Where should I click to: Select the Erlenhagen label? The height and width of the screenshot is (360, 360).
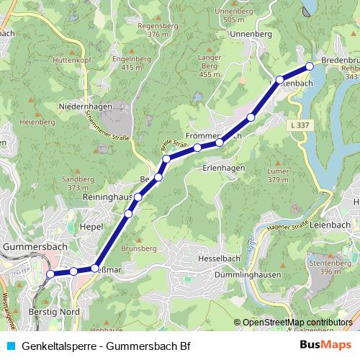223,168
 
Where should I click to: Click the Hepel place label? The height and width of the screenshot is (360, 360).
94,225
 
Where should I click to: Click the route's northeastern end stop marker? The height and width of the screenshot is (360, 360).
310,66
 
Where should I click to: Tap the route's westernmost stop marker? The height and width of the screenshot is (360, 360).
50,274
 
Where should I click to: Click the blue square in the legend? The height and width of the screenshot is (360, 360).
9,345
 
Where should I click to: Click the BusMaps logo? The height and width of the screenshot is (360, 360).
325,345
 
